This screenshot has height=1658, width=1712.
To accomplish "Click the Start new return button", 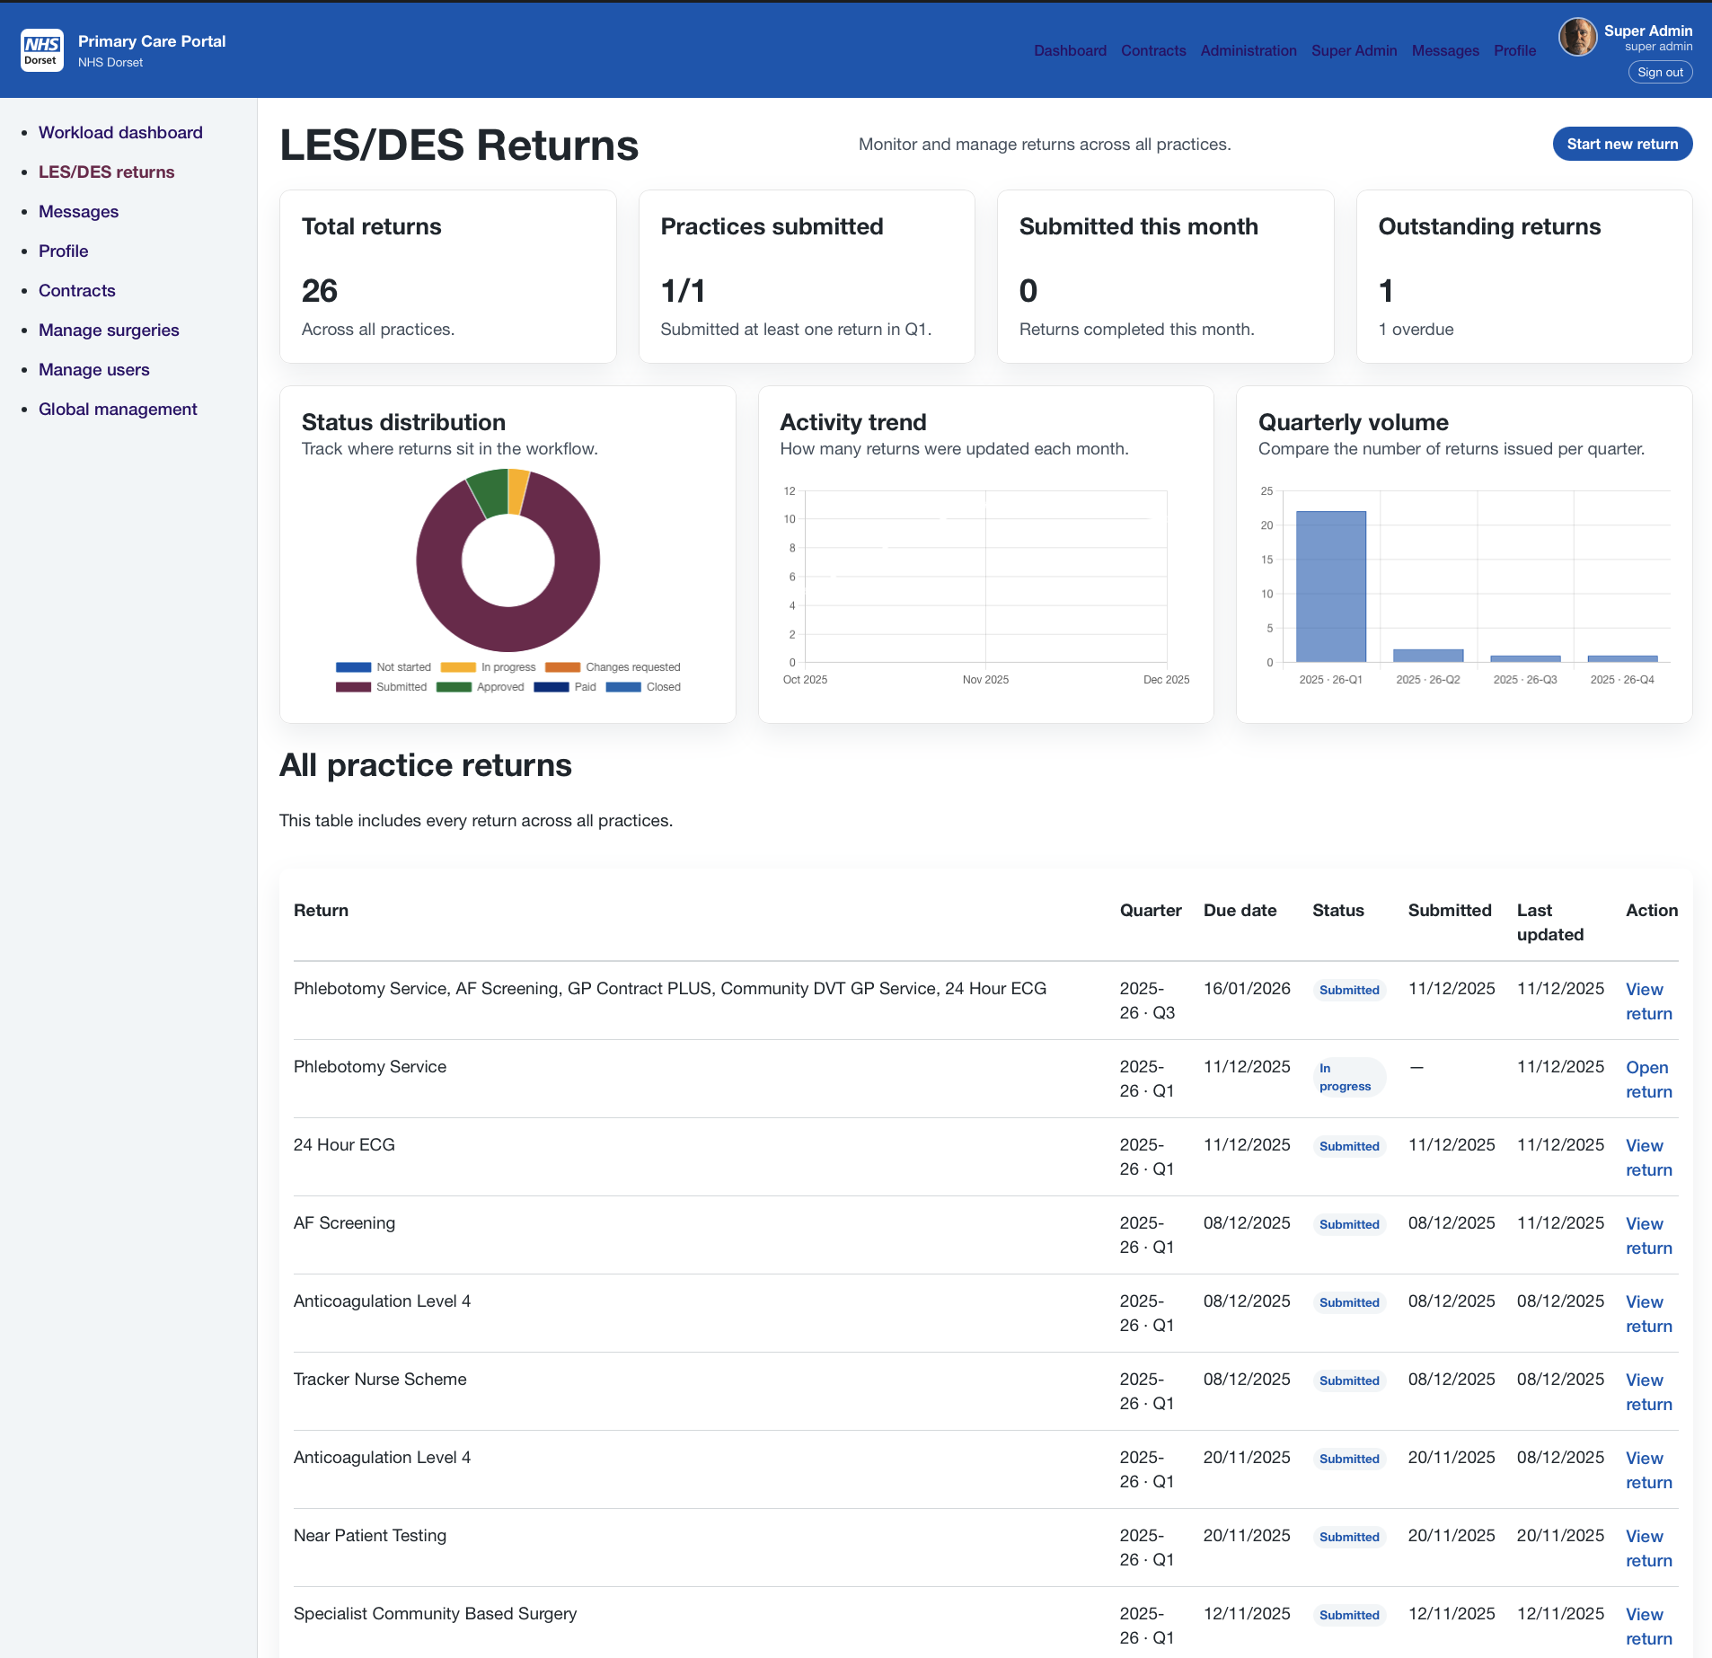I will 1621,144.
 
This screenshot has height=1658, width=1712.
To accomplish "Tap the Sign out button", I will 1659,73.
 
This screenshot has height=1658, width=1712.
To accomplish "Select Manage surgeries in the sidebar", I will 109,330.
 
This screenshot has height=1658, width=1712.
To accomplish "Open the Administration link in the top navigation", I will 1248,50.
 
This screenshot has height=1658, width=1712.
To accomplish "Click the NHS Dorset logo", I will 41,50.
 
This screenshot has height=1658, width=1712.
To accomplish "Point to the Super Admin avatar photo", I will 1576,38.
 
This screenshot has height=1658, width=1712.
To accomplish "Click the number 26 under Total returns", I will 319,290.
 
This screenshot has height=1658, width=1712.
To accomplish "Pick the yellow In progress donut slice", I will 517,490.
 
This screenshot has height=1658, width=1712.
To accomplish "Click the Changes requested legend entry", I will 613,667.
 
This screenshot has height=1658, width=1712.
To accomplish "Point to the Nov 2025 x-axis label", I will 985,680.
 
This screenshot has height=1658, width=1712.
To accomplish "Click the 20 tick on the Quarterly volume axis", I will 1266,525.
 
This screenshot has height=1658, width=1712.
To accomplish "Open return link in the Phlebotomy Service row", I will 1648,1079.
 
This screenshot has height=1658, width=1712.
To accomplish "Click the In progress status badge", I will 1346,1077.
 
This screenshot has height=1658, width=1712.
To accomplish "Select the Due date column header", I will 1240,910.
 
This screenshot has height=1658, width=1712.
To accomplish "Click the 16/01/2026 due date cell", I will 1246,988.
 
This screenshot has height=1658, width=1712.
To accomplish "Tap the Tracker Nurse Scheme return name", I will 380,1379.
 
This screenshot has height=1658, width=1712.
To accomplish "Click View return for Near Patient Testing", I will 1648,1548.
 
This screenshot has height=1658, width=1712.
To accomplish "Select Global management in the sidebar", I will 118,409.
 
